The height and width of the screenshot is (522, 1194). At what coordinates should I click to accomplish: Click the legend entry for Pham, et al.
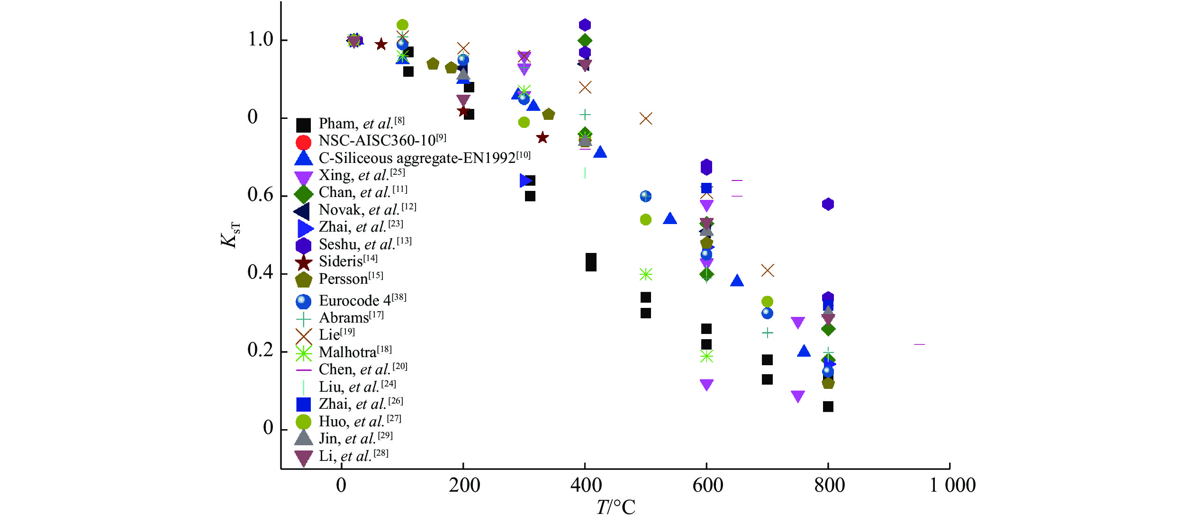(361, 124)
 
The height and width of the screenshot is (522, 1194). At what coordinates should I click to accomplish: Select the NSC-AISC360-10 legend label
(382, 141)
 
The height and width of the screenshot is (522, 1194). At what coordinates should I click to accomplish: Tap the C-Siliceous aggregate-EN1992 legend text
(424, 158)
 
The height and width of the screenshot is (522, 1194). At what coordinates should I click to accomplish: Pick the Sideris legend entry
(348, 262)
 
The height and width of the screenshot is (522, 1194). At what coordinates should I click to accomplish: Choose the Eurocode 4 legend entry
(362, 301)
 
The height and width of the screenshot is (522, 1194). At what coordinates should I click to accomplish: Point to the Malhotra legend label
(355, 352)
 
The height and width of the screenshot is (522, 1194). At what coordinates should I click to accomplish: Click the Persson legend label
(351, 279)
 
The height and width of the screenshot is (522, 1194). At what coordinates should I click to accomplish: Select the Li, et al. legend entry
(353, 456)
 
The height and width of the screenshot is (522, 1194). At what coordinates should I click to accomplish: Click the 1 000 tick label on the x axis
(952, 486)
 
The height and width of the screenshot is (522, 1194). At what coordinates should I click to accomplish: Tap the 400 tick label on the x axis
(586, 486)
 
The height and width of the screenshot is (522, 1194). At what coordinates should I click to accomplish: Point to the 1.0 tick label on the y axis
(261, 40)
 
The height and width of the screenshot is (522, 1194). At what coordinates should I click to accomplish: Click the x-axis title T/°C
(615, 508)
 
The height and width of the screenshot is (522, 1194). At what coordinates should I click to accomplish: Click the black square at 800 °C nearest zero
(828, 406)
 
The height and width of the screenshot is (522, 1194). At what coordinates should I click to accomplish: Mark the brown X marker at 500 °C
(645, 118)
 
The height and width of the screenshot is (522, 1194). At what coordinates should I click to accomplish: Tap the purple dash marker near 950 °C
(919, 344)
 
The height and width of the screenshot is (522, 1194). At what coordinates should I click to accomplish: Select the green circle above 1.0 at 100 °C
(402, 25)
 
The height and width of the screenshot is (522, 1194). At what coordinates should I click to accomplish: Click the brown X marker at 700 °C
(767, 270)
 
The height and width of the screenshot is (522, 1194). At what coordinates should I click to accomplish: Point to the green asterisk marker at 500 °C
(645, 274)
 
